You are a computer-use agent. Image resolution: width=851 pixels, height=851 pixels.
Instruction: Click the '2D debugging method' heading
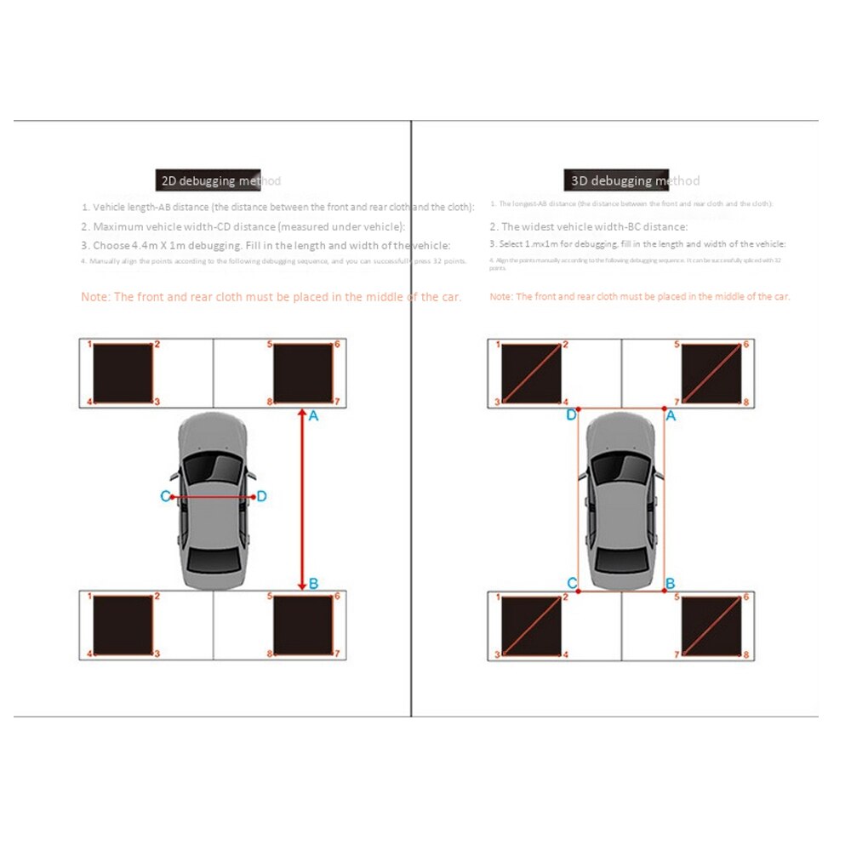pos(220,180)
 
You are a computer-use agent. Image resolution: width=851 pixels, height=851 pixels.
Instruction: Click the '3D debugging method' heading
pos(632,180)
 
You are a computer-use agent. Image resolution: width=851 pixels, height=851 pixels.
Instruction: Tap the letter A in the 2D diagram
pos(313,416)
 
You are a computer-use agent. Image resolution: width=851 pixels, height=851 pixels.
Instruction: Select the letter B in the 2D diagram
pos(313,584)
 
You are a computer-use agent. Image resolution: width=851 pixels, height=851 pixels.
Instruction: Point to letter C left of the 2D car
pos(165,496)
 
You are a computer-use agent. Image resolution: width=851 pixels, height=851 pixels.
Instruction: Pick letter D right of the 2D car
pos(262,496)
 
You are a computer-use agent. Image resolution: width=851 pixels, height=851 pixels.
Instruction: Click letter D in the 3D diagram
pos(572,415)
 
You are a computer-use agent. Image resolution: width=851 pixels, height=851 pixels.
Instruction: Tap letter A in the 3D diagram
pos(671,415)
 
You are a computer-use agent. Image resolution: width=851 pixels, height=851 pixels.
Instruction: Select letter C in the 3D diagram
pos(572,583)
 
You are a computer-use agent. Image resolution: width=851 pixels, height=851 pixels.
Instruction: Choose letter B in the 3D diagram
pos(671,583)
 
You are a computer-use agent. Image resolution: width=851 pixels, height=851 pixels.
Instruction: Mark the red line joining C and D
pos(213,496)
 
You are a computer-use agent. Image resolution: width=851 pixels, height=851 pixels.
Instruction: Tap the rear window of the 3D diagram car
pos(621,558)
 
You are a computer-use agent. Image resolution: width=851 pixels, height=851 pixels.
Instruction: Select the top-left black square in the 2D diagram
pos(123,373)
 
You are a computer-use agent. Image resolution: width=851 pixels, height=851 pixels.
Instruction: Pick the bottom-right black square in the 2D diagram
pos(302,625)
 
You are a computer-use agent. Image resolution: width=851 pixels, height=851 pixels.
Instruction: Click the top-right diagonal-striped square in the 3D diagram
pos(711,373)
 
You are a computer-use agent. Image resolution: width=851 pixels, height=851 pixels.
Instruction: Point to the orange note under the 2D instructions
pos(271,297)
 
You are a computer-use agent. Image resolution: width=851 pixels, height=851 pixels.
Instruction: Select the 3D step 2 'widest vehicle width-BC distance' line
pos(589,226)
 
